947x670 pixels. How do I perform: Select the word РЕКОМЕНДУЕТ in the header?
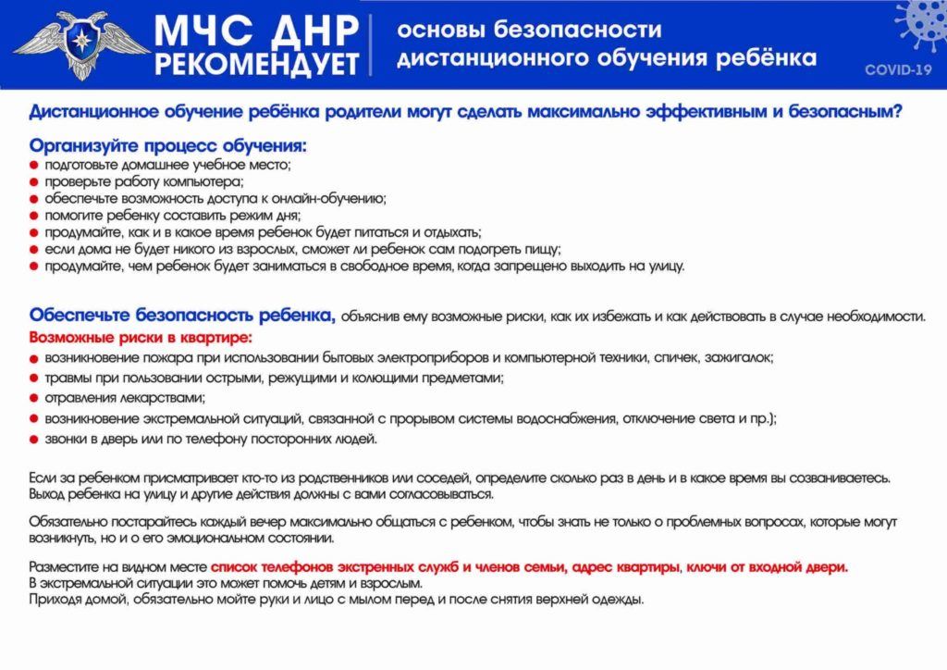coord(257,65)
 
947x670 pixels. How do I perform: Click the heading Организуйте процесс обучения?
coord(167,146)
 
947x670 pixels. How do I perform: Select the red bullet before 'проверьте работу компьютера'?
coord(34,182)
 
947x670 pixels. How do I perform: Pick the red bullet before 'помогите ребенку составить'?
coord(34,216)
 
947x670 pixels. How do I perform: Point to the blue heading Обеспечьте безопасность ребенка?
coord(182,315)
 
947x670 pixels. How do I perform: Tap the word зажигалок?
coord(740,356)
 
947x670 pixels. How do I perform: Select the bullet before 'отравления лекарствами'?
coord(34,399)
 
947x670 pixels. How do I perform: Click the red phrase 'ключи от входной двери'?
coord(767,566)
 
